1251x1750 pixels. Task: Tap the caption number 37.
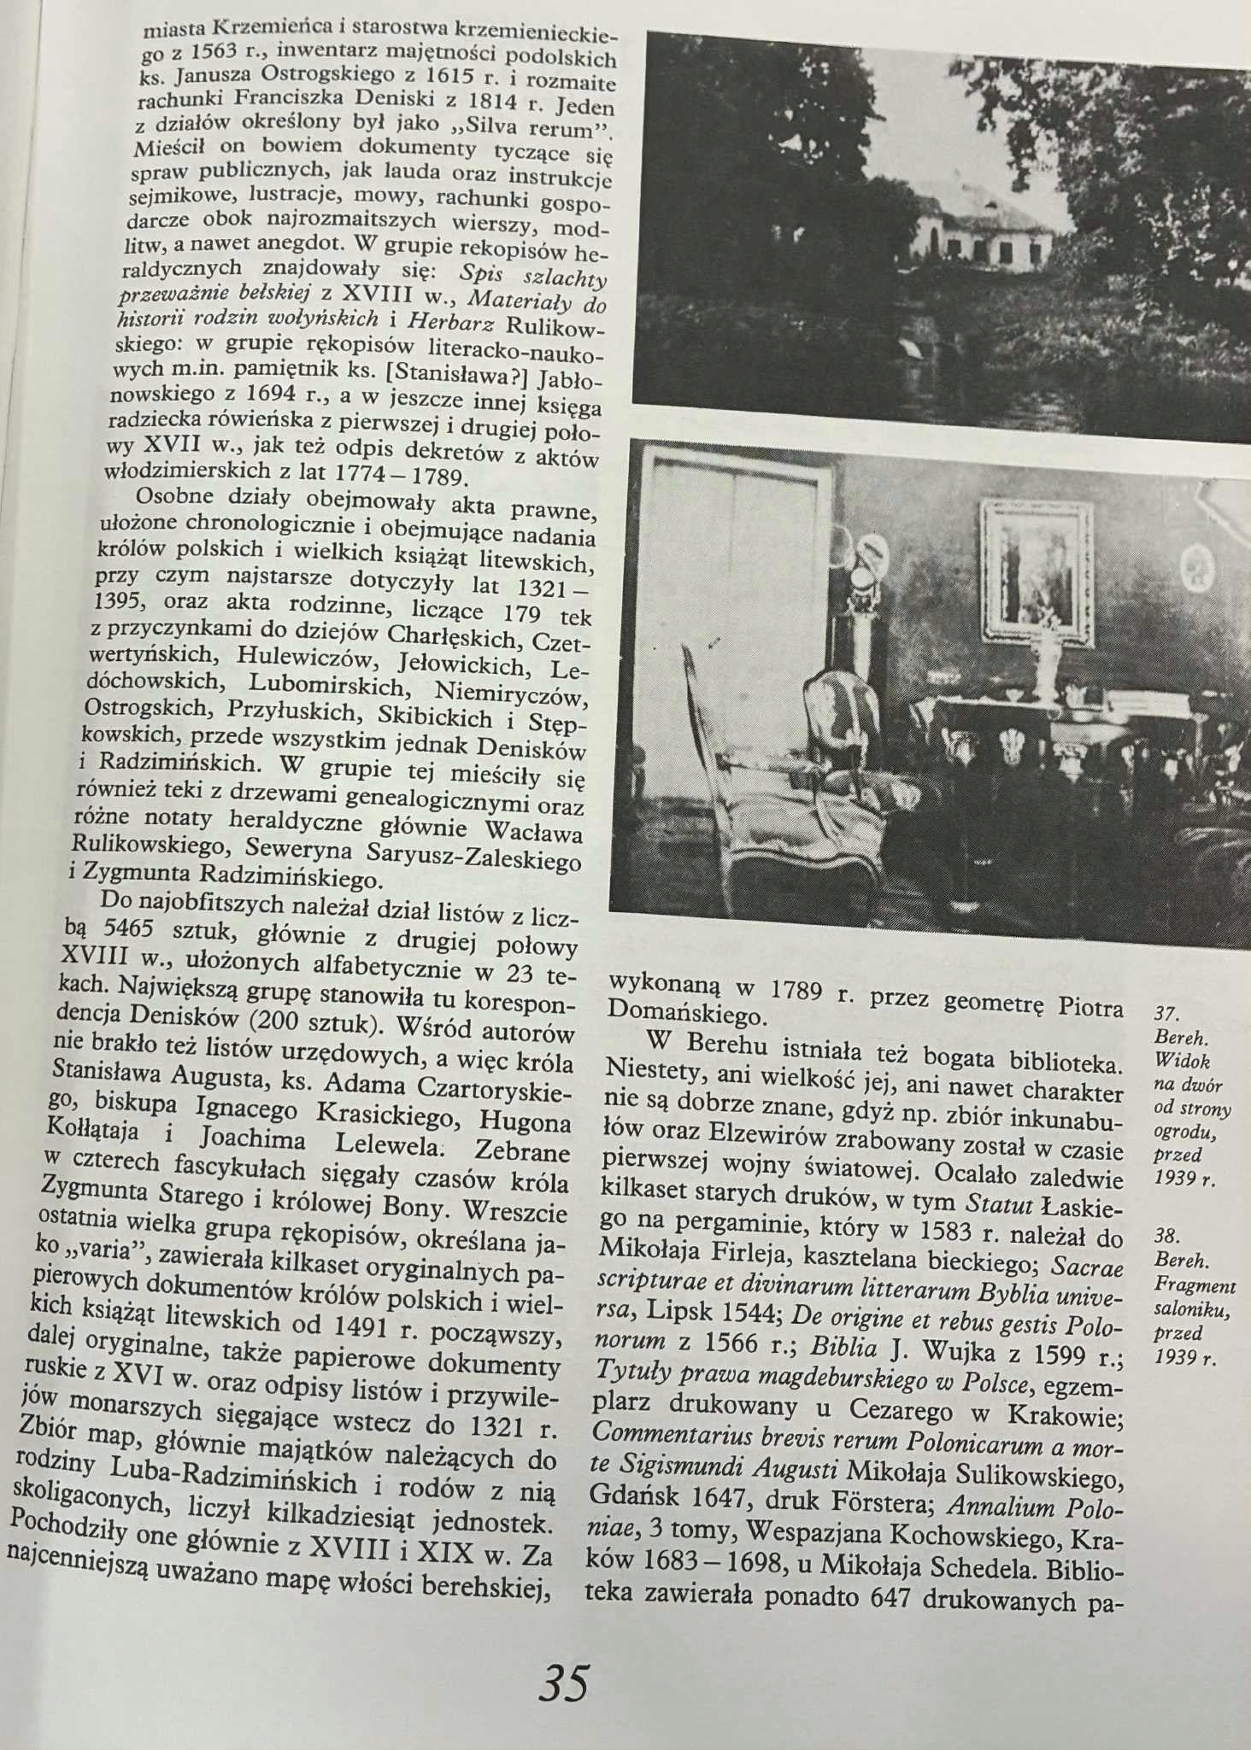1166,1014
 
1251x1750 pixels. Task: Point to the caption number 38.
1166,1235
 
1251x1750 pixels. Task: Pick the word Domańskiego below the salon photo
684,1015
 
